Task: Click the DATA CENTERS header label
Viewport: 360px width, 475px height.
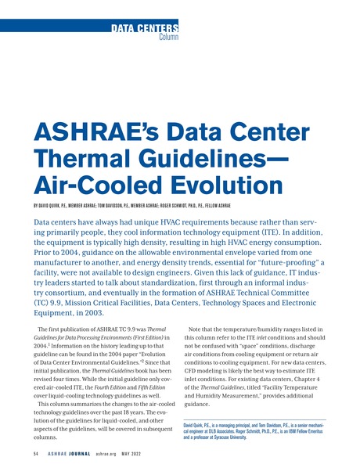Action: (x=145, y=29)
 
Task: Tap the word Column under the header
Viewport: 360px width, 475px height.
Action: (x=168, y=37)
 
